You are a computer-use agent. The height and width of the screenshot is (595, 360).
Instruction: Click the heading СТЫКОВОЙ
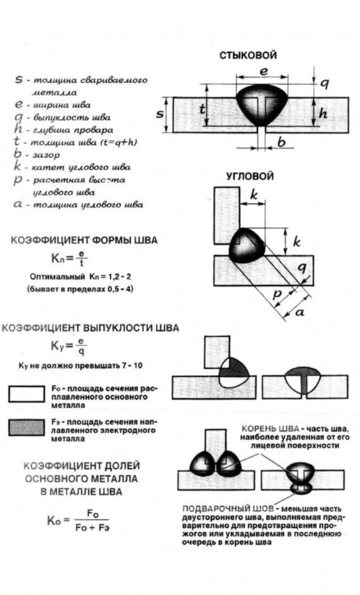click(248, 56)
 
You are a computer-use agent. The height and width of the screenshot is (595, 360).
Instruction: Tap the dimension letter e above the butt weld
click(263, 72)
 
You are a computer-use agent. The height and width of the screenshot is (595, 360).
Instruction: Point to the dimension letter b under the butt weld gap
click(281, 143)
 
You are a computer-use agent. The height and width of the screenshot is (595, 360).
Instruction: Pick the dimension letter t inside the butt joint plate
click(203, 109)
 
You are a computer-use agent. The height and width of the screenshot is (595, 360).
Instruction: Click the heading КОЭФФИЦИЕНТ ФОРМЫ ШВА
click(84, 239)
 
